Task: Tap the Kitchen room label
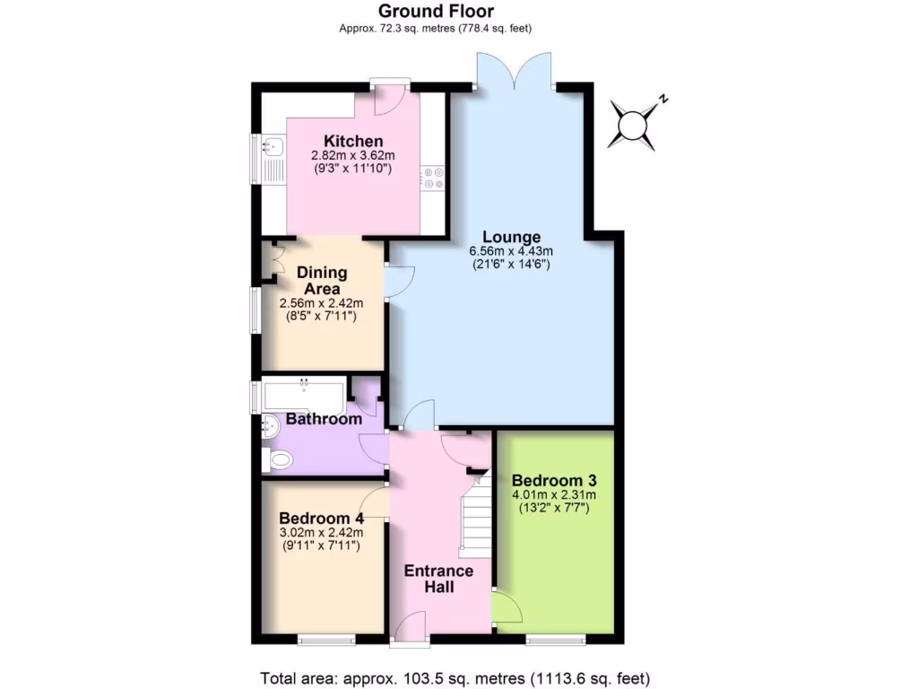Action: point(353,142)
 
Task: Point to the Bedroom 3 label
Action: point(554,480)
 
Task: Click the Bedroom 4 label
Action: point(321,519)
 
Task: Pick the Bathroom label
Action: point(324,419)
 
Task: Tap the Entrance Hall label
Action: point(438,580)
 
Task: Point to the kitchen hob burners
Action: point(435,178)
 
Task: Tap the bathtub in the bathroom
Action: point(301,394)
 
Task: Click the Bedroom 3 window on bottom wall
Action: point(555,640)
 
